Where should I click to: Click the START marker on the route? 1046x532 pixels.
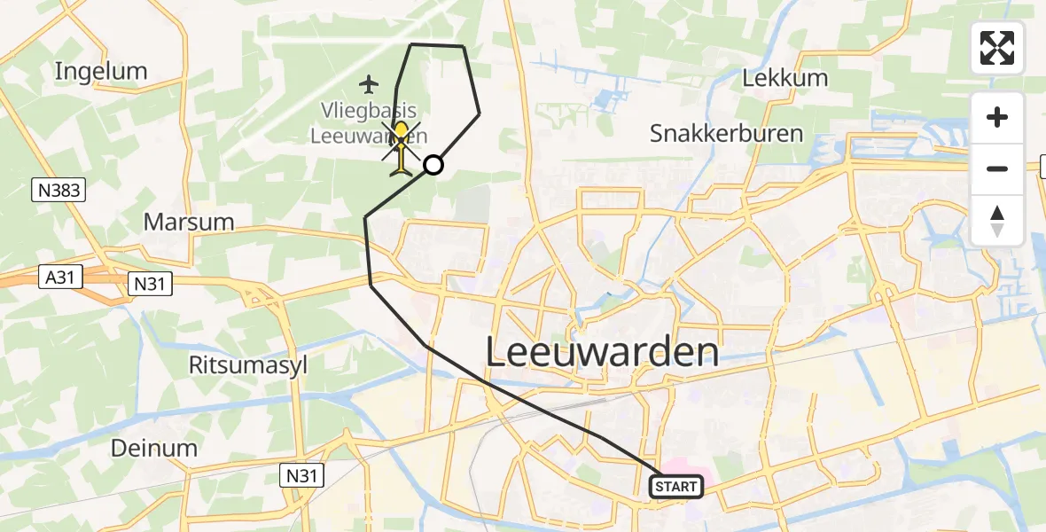tap(677, 486)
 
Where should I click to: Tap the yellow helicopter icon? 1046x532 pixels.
tap(402, 148)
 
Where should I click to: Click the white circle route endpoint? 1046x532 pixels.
tap(433, 164)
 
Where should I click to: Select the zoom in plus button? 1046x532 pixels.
tap(997, 118)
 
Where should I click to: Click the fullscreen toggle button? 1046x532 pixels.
tap(997, 48)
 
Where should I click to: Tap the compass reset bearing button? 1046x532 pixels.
tap(997, 221)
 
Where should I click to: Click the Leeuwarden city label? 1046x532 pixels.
tap(602, 353)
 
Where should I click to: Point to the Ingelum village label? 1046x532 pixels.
tap(100, 71)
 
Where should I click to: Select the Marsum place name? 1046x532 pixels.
tap(189, 222)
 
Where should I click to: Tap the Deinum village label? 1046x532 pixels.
tap(154, 448)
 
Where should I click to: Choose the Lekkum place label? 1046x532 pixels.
tap(785, 78)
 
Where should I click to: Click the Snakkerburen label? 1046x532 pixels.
tap(726, 134)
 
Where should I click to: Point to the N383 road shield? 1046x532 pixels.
tap(59, 189)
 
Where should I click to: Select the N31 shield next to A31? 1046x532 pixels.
tap(149, 284)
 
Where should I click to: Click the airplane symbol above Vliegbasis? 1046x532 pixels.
tap(369, 84)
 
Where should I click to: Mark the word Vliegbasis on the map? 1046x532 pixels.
tap(370, 113)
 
